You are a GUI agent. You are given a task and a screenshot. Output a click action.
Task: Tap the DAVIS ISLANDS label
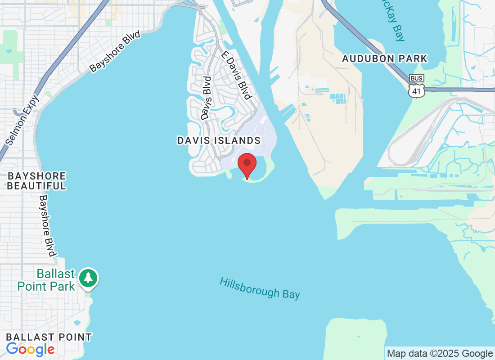tap(219, 140)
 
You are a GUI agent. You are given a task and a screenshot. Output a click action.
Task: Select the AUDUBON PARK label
tap(384, 58)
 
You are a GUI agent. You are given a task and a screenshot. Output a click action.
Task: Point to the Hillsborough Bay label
tap(260, 288)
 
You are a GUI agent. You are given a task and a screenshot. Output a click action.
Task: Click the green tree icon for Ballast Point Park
tap(88, 278)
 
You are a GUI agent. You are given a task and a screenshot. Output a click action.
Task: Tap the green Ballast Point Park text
tap(46, 279)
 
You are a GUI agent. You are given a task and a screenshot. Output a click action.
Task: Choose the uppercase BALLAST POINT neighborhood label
tap(49, 337)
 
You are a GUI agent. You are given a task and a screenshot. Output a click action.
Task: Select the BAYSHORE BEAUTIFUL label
tap(36, 181)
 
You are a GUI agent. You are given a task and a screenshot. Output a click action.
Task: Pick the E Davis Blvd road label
tap(235, 75)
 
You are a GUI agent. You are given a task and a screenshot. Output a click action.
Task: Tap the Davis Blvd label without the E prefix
tap(207, 98)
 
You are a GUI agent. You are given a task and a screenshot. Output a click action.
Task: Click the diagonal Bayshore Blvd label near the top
tap(115, 51)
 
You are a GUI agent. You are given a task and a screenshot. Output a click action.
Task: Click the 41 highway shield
tap(416, 91)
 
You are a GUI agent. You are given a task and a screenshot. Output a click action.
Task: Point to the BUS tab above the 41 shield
tap(416, 79)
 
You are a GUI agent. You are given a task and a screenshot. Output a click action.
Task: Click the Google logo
tap(30, 349)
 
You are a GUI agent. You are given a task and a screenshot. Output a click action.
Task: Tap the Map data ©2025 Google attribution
tap(440, 353)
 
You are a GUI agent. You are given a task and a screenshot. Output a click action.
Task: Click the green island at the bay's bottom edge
tap(355, 337)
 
